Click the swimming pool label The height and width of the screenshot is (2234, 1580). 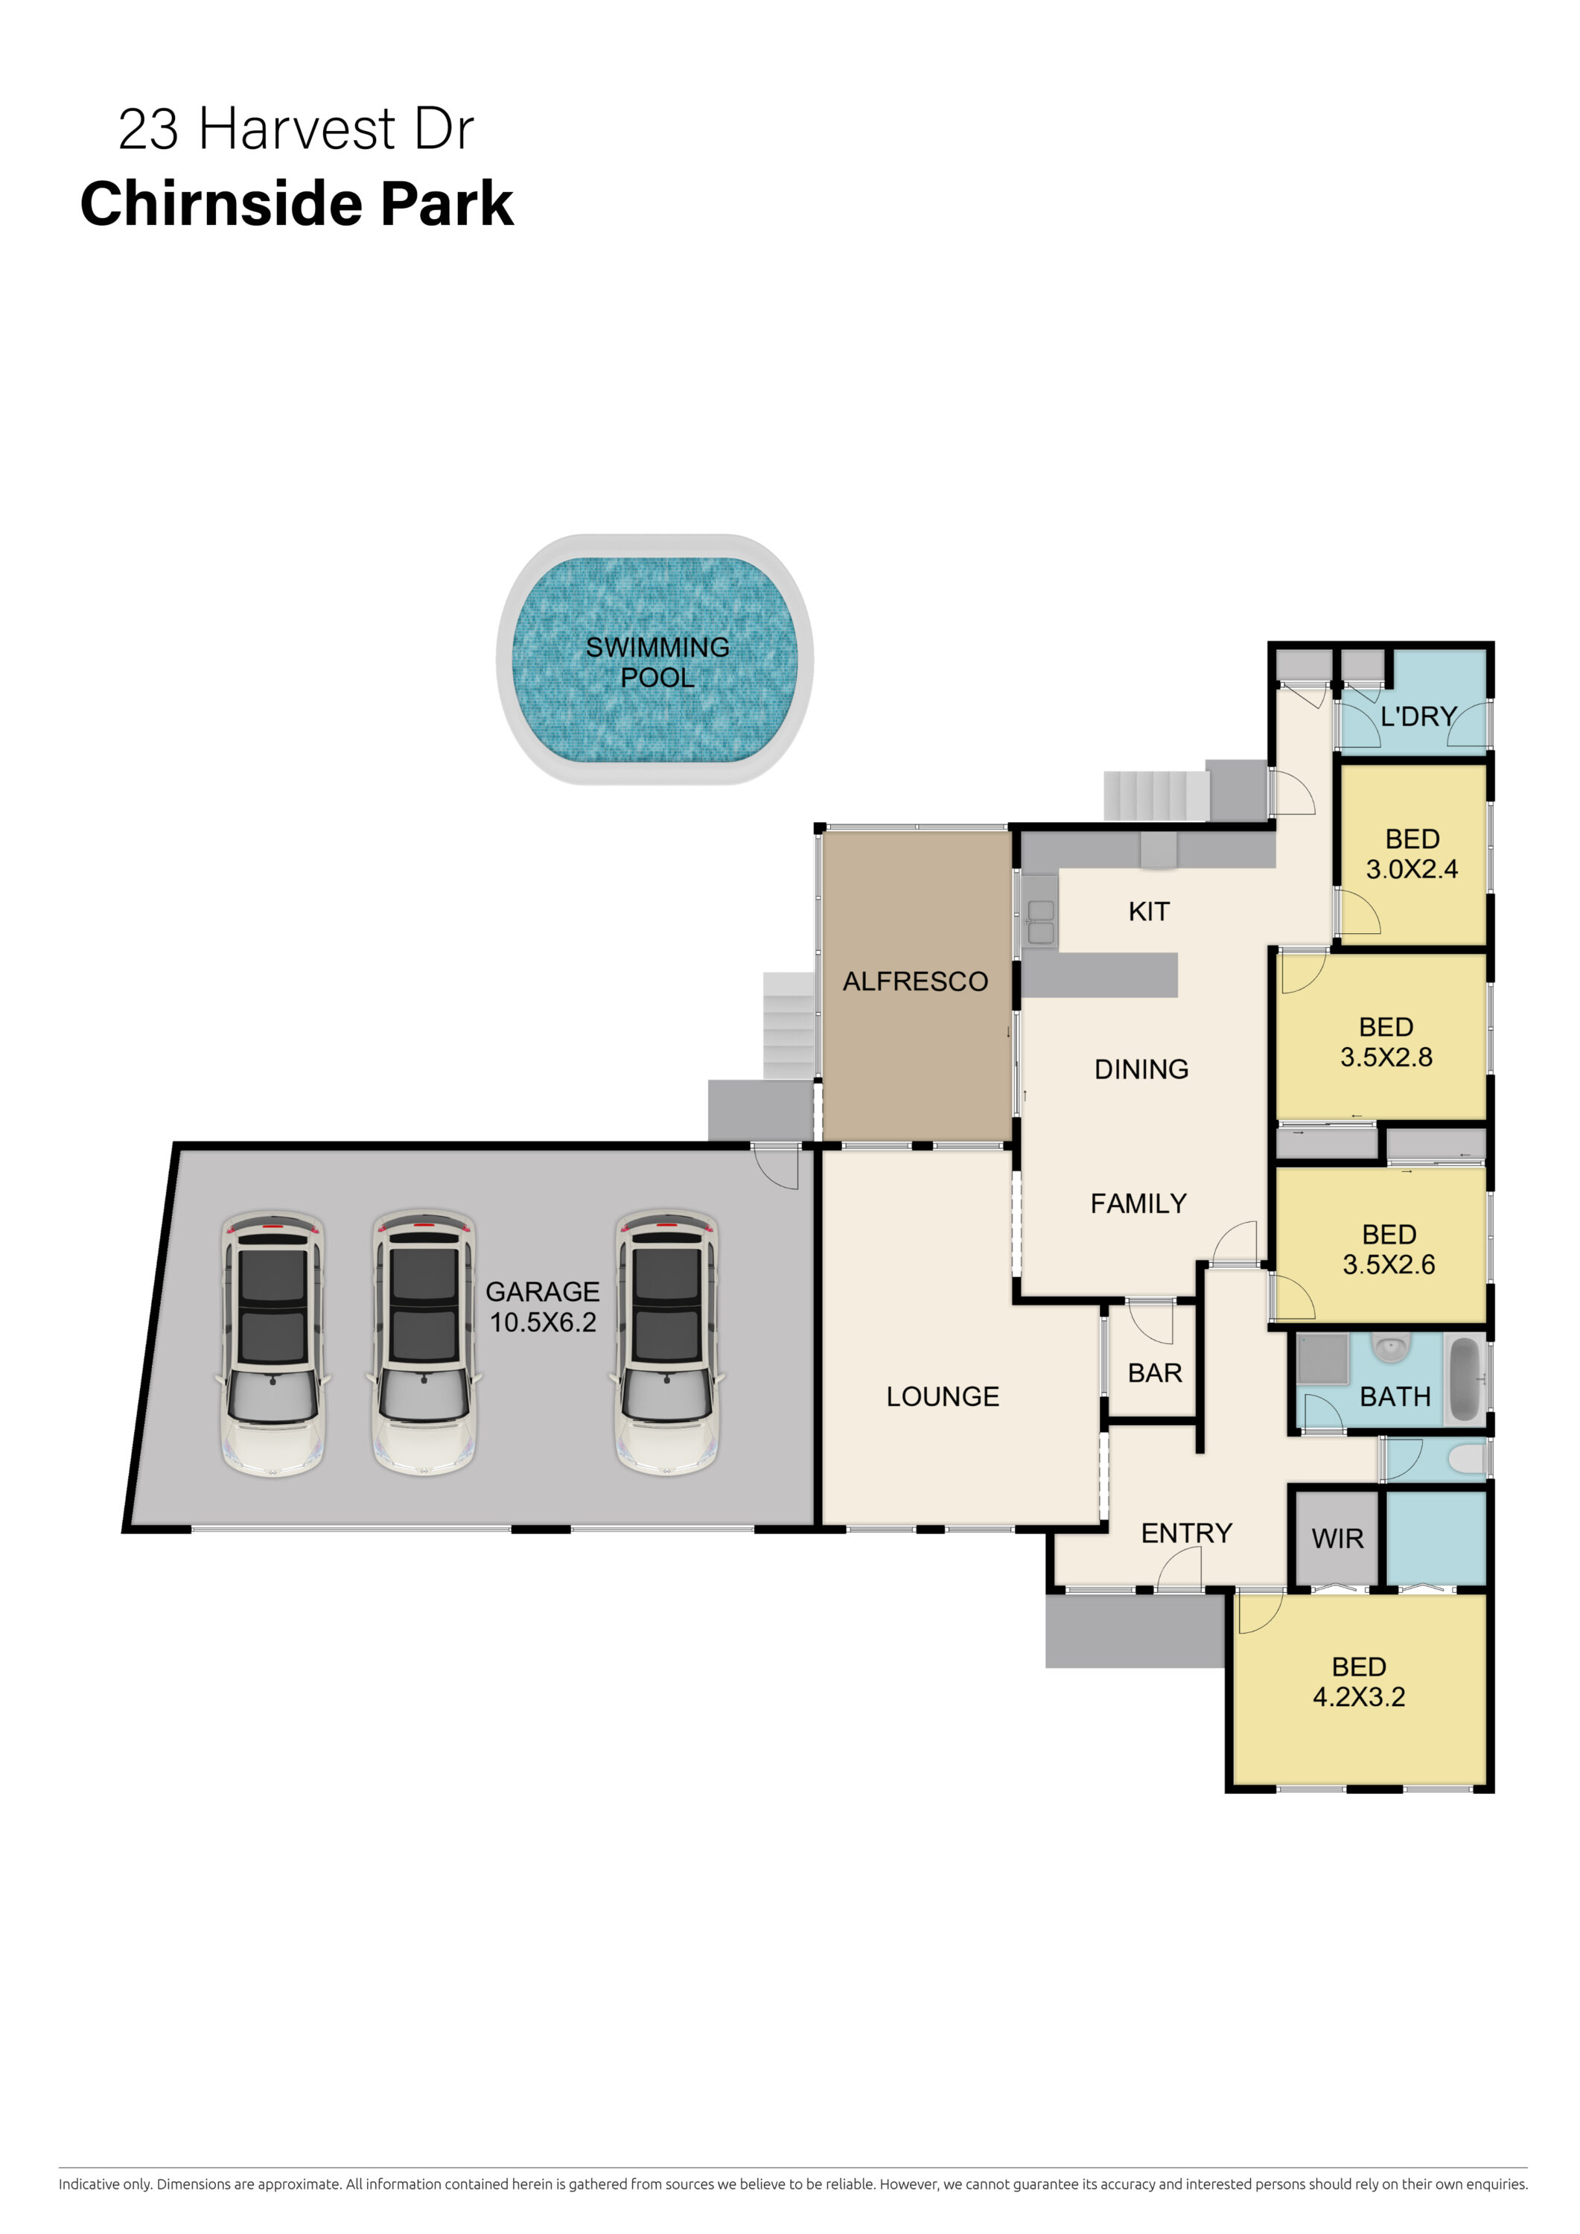coord(657,662)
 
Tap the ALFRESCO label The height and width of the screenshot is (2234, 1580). coord(916,981)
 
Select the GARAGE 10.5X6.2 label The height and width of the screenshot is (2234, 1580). coord(543,1305)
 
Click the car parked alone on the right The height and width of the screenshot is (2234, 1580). coord(667,1343)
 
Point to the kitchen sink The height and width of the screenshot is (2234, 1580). coord(1041,921)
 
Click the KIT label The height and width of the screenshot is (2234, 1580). coord(1149,911)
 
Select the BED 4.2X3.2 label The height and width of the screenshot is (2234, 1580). coord(1359,1682)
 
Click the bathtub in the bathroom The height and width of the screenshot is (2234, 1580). coord(1465,1380)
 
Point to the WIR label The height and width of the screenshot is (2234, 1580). coord(1338,1538)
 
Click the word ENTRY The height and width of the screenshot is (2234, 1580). coord(1187,1533)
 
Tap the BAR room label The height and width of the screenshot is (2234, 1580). coord(1155,1373)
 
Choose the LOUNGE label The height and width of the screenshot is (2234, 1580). coord(943,1396)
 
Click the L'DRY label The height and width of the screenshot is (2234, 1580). coord(1418,716)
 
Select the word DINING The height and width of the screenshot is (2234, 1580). coord(1141,1069)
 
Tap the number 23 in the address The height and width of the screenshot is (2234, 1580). coord(149,130)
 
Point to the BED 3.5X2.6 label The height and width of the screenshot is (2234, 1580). coord(1389,1250)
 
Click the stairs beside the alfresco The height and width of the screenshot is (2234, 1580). coord(788,1025)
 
